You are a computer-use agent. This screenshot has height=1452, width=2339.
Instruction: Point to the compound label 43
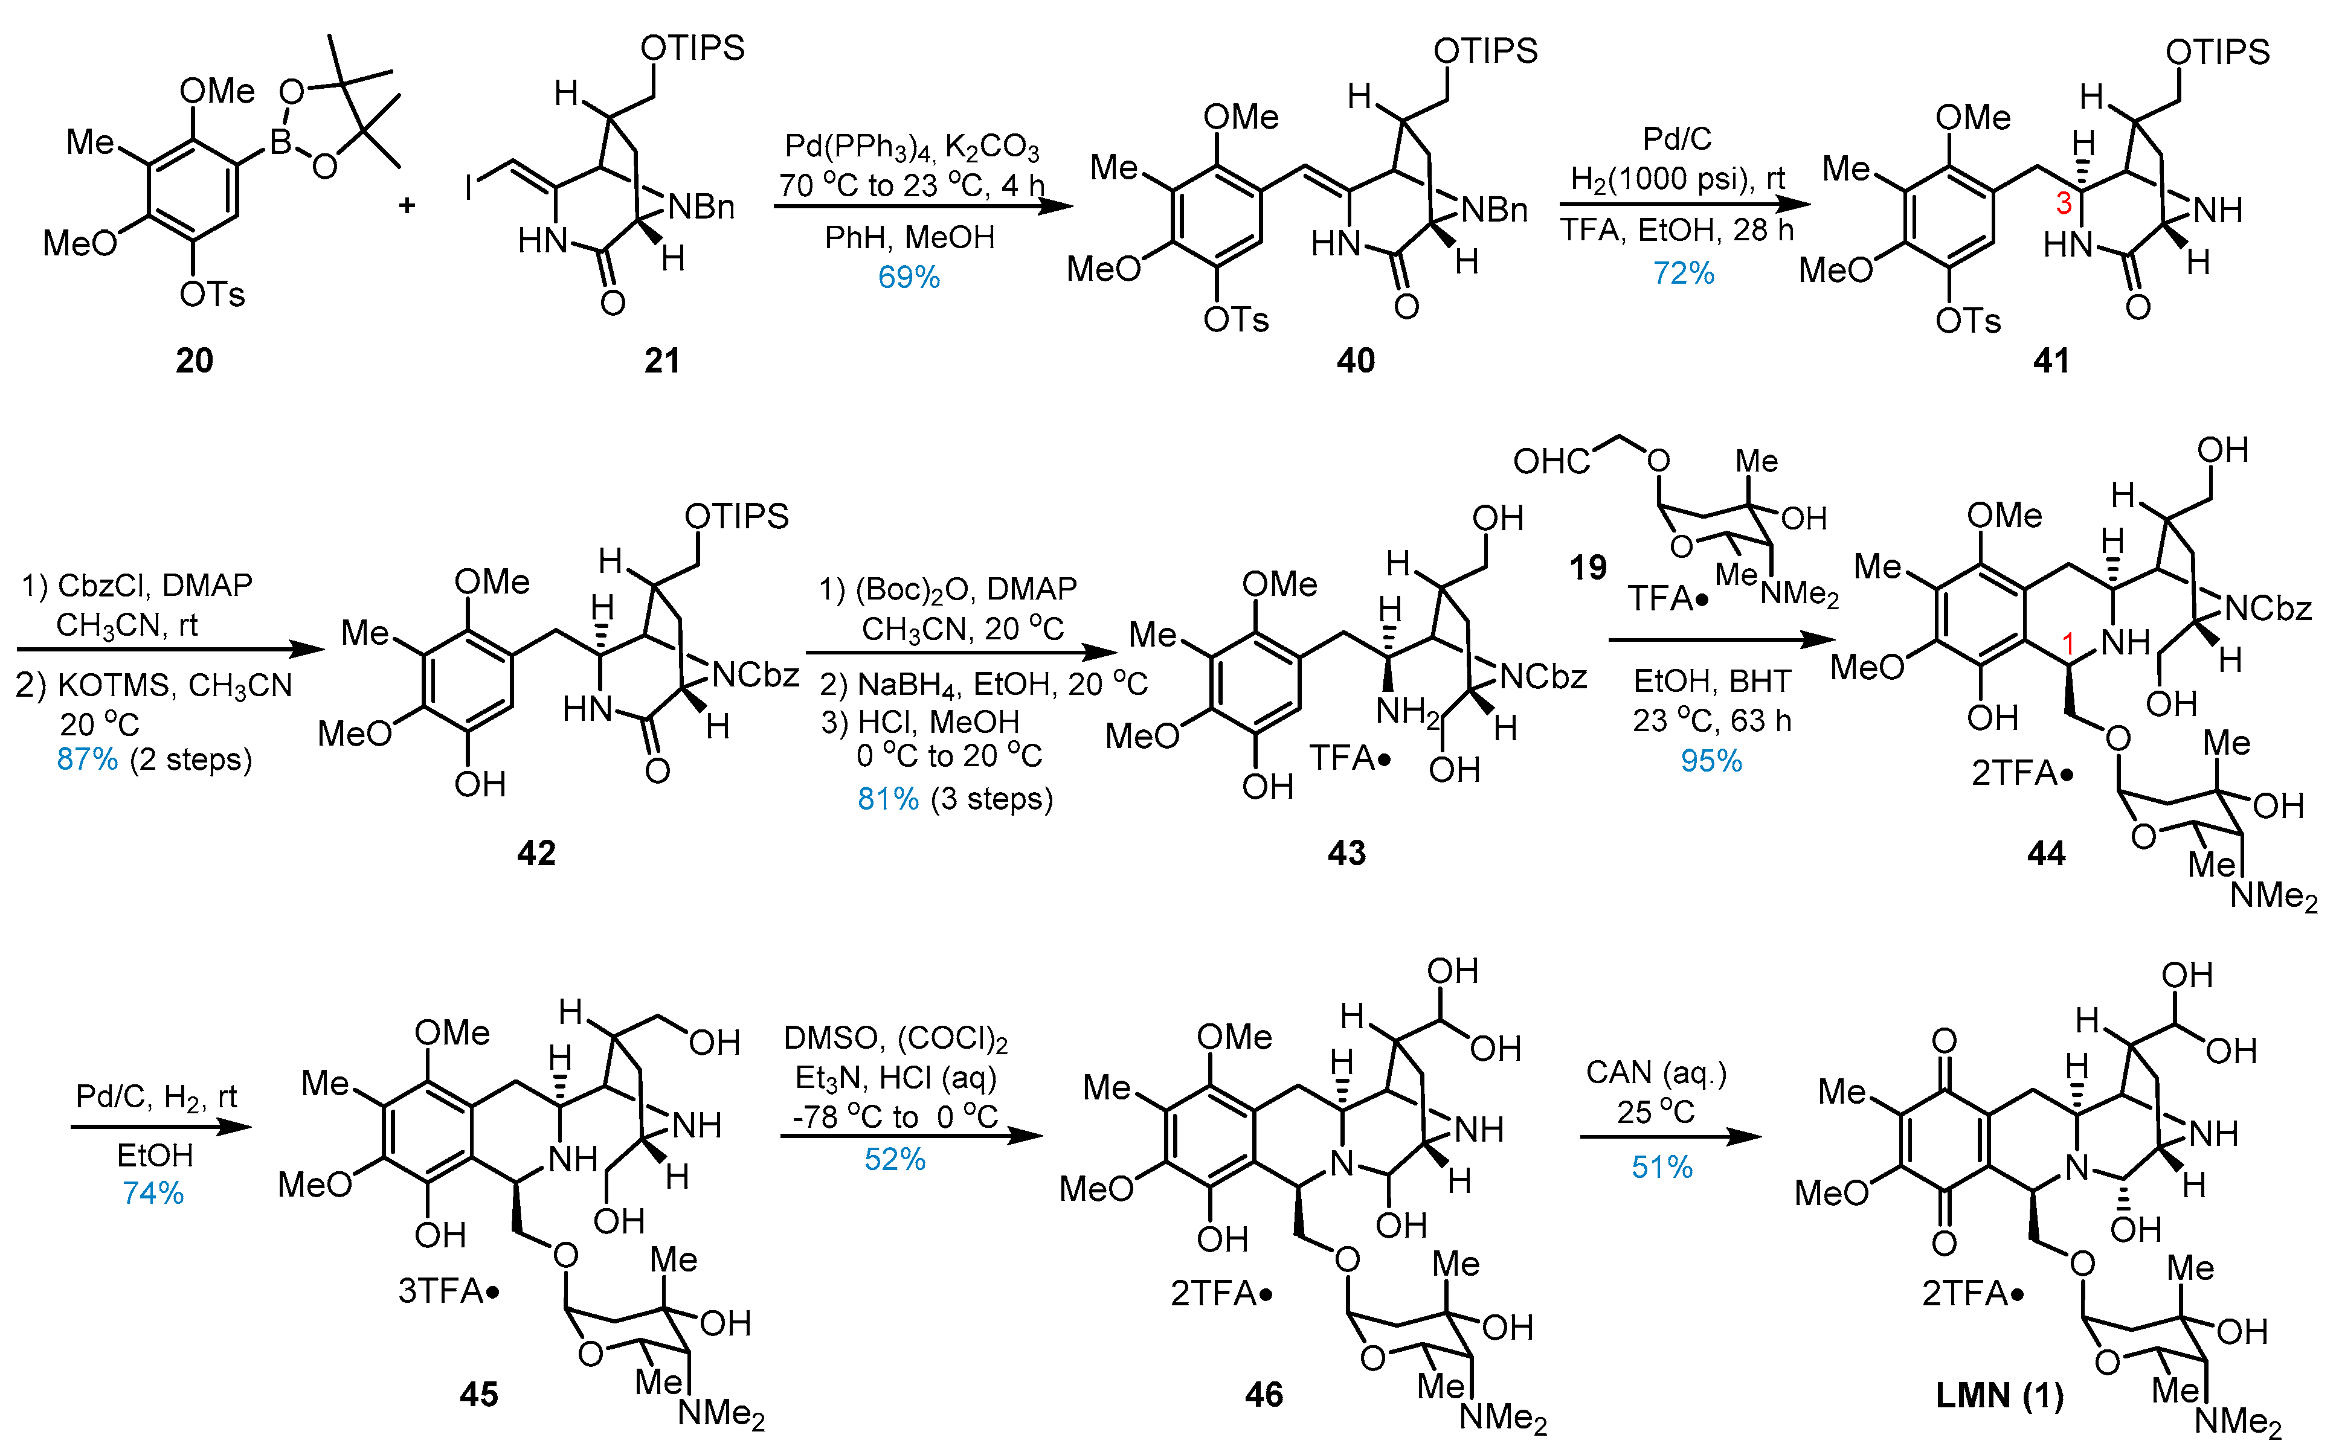(x=1346, y=852)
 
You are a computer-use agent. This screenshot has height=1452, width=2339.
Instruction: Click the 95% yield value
(x=1711, y=761)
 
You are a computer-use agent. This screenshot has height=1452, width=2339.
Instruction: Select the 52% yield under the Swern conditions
(x=894, y=1159)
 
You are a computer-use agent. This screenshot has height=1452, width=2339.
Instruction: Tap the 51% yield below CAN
(x=1662, y=1167)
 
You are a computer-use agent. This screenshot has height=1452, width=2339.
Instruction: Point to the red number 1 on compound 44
(x=2068, y=644)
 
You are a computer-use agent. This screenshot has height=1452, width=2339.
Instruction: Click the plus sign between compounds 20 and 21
(x=407, y=205)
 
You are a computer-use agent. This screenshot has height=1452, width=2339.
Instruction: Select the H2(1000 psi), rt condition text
(x=1677, y=179)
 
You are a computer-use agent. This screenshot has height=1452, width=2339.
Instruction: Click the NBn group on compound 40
(x=1494, y=210)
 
